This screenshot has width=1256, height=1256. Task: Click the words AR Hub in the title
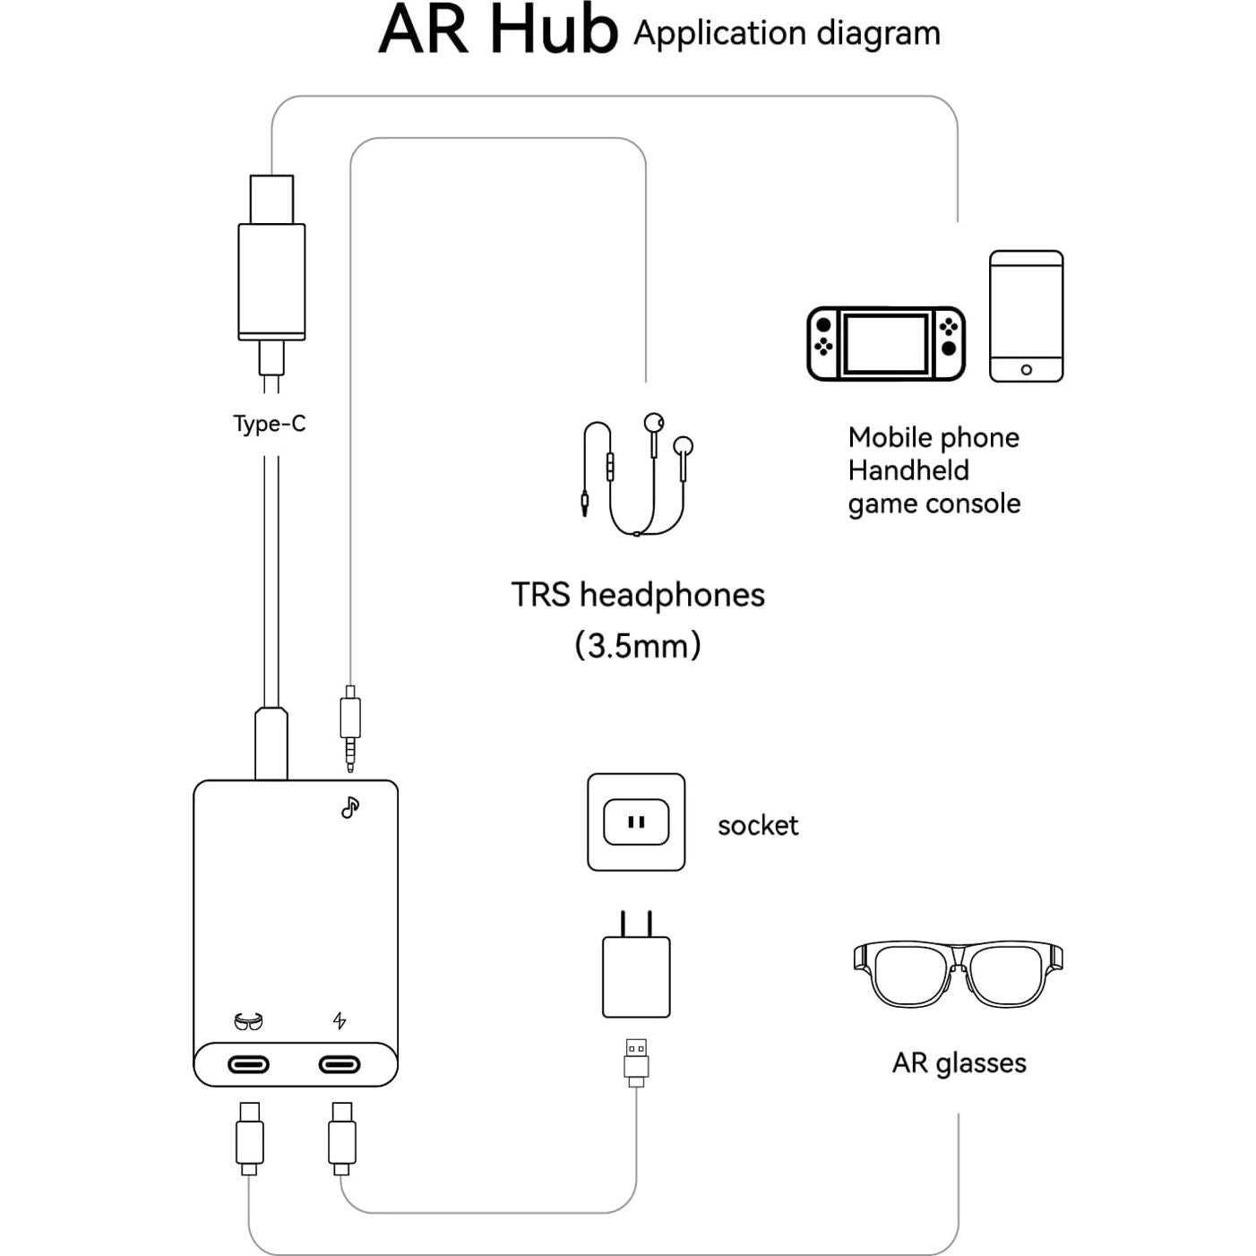pos(498,30)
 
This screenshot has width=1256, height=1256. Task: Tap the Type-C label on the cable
pos(270,424)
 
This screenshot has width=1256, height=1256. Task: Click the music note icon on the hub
pos(350,807)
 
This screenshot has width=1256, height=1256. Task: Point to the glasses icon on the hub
pos(248,1021)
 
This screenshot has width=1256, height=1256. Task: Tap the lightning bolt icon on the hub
pos(340,1020)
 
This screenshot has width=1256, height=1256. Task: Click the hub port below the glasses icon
pos(248,1064)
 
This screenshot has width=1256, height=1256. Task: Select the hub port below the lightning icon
pos(340,1064)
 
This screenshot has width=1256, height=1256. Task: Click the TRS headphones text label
pos(638,595)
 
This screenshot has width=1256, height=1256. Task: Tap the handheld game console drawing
pos(886,344)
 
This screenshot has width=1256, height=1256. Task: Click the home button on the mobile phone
pos(1027,370)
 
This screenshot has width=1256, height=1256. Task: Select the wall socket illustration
pos(636,822)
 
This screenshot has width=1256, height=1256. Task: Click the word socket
pos(758,825)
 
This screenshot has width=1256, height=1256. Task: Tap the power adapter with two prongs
pos(636,972)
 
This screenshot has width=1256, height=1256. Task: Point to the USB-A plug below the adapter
pos(636,1061)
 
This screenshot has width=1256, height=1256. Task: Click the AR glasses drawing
pos(958,974)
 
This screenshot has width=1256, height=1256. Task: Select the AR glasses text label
pos(959,1063)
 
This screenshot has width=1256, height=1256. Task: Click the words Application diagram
pos(787,34)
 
